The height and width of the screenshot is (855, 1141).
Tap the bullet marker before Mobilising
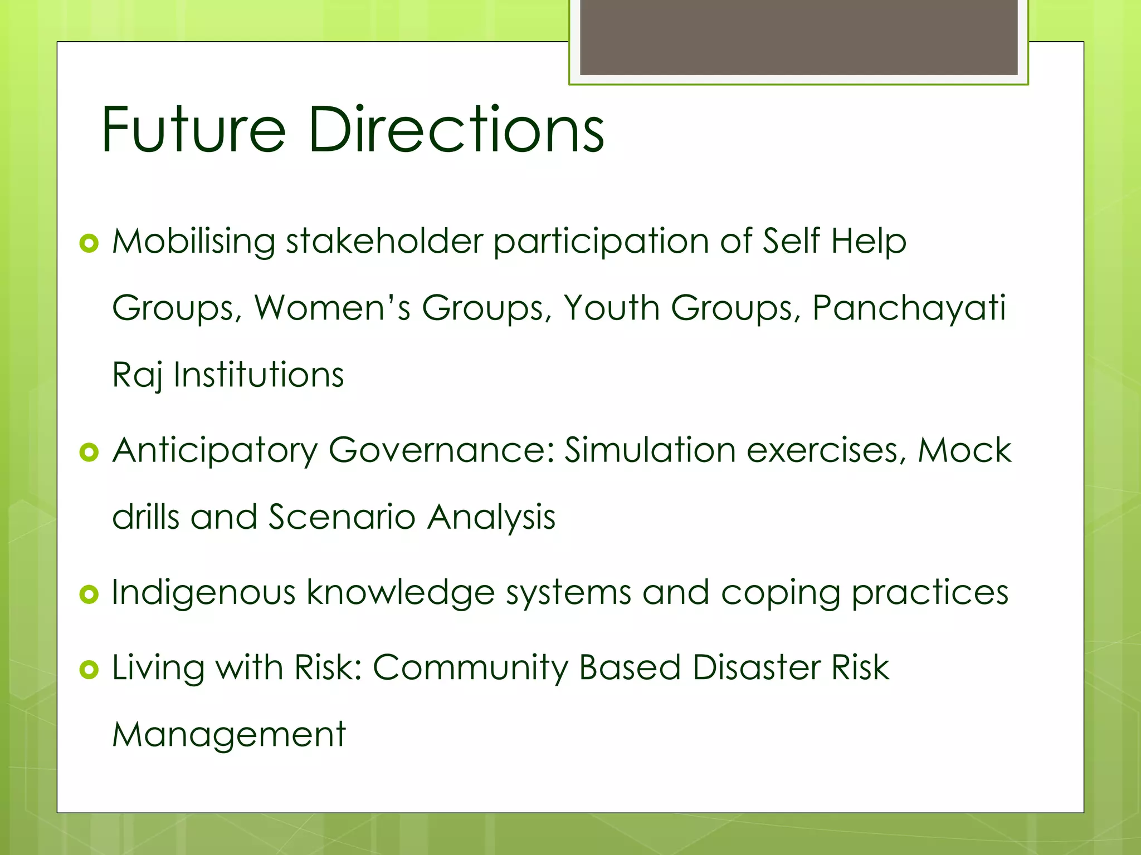(89, 243)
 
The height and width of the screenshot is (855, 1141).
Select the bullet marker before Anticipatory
(89, 452)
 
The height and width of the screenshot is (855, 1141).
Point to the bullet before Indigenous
(89, 594)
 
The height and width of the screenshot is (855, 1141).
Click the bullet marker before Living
(89, 669)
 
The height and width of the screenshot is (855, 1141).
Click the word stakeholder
(384, 242)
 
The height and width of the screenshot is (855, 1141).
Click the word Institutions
(259, 375)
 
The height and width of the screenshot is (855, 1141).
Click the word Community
(471, 667)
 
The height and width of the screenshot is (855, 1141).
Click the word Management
(229, 735)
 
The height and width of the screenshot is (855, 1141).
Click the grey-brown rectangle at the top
(798, 37)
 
